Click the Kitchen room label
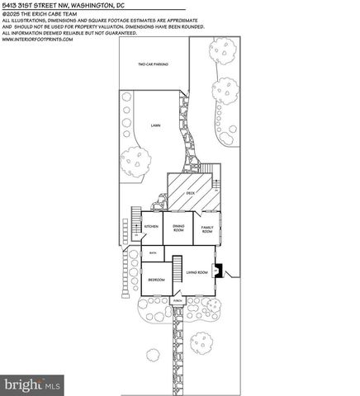[x=152, y=226]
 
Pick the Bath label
[x=153, y=252]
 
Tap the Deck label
[x=190, y=192]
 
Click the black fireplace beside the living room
[x=218, y=269]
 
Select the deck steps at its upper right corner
[x=216, y=174]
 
